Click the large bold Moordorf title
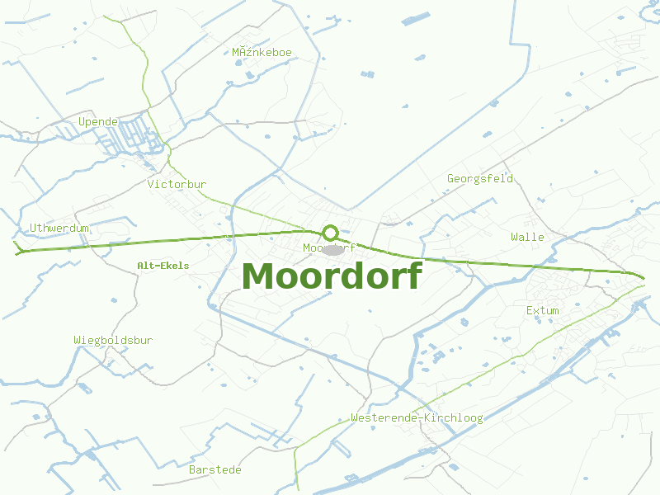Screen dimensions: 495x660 (x=332, y=276)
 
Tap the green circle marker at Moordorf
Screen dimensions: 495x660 (x=331, y=233)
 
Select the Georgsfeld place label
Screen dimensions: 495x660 (x=480, y=178)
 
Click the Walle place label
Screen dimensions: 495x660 (x=527, y=237)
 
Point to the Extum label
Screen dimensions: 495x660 (x=542, y=311)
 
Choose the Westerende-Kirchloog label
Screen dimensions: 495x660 (x=417, y=418)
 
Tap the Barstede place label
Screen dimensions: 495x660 (x=215, y=469)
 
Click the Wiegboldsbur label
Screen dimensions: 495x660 (x=113, y=340)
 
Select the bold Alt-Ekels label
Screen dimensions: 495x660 (x=163, y=266)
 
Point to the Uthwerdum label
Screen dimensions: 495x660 (x=59, y=228)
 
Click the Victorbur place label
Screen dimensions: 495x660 (x=177, y=184)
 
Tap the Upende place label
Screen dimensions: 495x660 (x=98, y=122)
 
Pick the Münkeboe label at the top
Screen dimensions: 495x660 (x=262, y=53)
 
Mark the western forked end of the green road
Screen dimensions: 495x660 (x=16, y=250)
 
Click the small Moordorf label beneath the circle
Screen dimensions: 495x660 (x=329, y=247)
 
